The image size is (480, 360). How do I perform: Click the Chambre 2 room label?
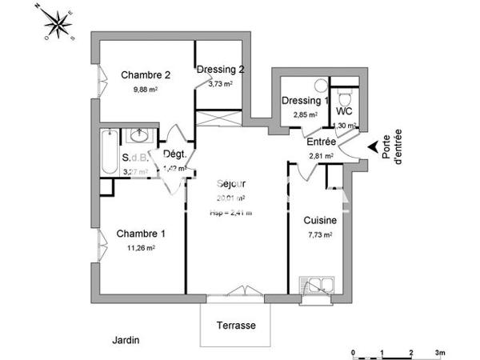pyautogui.click(x=146, y=75)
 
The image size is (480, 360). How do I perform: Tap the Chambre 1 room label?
pyautogui.click(x=141, y=234)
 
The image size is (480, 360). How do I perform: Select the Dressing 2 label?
pyautogui.click(x=221, y=69)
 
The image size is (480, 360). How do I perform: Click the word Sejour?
pyautogui.click(x=231, y=183)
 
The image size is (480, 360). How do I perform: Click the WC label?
pyautogui.click(x=345, y=110)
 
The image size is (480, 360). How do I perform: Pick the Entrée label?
pyautogui.click(x=322, y=142)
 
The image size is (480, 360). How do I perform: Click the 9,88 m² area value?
pyautogui.click(x=146, y=90)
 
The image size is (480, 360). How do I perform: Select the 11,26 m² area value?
pyautogui.click(x=141, y=248)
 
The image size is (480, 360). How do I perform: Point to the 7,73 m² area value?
pyautogui.click(x=319, y=235)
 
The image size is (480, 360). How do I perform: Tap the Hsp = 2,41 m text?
pyautogui.click(x=231, y=212)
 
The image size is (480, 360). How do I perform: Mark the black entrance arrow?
pyautogui.click(x=372, y=147)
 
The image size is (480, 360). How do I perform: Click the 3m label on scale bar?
pyautogui.click(x=439, y=351)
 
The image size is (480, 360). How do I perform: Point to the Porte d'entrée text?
pyautogui.click(x=392, y=149)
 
